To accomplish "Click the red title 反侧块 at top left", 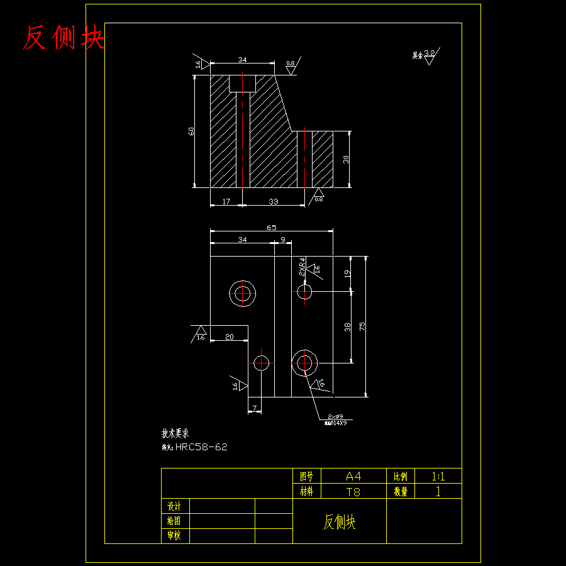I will click(64, 38).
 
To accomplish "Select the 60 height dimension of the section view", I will click(191, 131).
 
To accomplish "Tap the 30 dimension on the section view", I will click(346, 159).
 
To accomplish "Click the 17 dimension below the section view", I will click(226, 202).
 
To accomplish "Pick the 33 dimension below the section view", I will click(274, 202).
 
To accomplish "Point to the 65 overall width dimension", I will click(272, 228).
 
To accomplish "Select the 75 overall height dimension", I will click(362, 326).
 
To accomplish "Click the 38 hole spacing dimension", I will click(347, 326).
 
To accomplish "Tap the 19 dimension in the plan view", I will click(347, 274).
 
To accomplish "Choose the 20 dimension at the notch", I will click(229, 337).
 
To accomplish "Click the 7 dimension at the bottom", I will click(254, 409).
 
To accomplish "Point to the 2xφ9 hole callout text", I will click(335, 417).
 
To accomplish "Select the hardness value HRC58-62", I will click(201, 447).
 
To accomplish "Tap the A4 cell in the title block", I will click(353, 476).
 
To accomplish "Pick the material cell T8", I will click(353, 492).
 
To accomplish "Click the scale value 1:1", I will click(438, 476).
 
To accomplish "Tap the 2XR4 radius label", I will click(302, 267).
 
